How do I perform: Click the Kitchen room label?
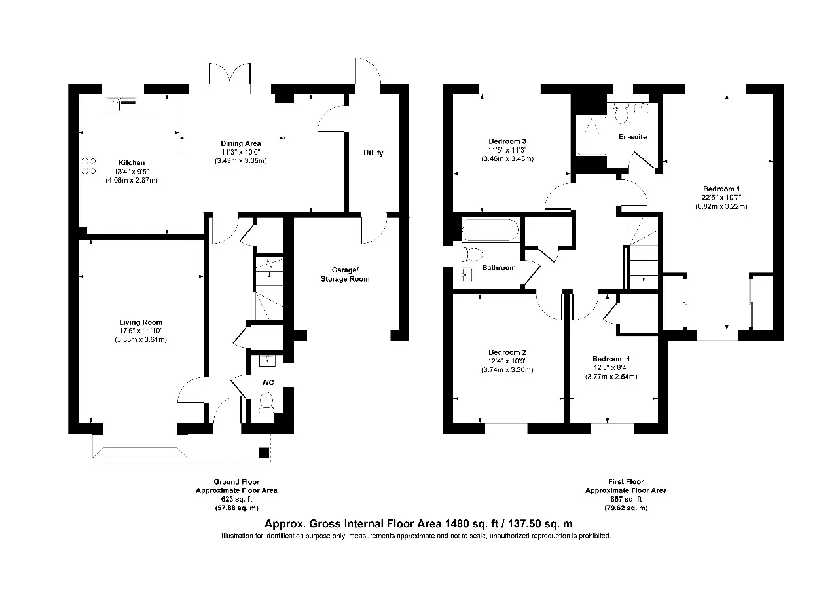[132, 163]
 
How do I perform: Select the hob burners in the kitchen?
[88, 166]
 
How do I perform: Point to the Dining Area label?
[240, 143]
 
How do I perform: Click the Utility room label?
[373, 153]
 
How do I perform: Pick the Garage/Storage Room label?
[345, 274]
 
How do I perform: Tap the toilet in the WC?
[266, 401]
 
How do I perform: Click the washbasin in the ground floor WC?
[267, 360]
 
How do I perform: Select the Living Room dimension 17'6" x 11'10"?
[141, 331]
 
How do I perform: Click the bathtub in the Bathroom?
[490, 230]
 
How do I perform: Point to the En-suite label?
[632, 137]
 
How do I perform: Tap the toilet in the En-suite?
[621, 114]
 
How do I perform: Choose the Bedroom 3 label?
[507, 141]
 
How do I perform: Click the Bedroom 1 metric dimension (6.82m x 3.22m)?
[721, 206]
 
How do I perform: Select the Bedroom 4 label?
[611, 359]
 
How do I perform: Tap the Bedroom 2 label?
[507, 352]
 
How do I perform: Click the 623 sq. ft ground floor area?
[236, 499]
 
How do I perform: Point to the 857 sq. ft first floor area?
[626, 499]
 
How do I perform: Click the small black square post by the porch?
[264, 453]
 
